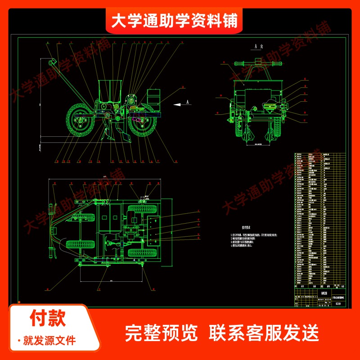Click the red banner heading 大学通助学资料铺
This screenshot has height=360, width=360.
[175, 20]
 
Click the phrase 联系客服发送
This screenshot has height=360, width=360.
[264, 333]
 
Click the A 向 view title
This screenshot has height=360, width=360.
[258, 46]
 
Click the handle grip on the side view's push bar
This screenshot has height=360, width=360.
[49, 61]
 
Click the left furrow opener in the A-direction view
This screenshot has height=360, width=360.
[247, 134]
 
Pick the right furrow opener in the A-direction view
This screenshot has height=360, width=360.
[271, 134]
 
